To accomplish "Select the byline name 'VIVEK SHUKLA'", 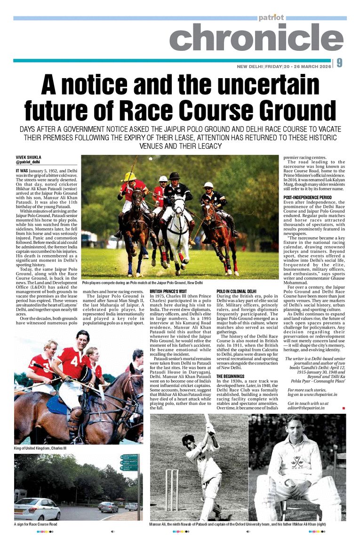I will click(x=27, y=157).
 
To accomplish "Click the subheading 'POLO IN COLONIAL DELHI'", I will click(x=236, y=292).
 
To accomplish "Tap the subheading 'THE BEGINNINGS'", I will click(x=230, y=377).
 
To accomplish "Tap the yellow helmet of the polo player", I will click(x=128, y=177).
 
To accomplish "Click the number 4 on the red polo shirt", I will click(x=74, y=360).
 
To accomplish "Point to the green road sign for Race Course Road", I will click(x=128, y=462).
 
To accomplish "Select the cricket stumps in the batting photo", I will click(x=172, y=490).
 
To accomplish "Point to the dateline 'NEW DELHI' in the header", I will click(x=249, y=66).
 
